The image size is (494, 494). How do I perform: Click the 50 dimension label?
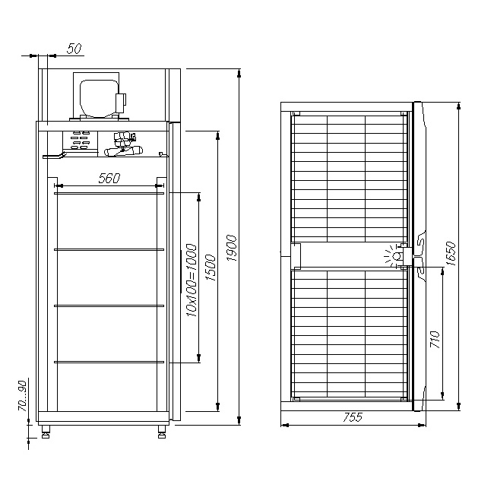(x=74, y=49)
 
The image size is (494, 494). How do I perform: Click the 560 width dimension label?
(x=109, y=179)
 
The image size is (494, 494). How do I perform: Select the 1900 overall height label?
(x=232, y=248)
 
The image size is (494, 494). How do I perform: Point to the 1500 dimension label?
(x=211, y=268)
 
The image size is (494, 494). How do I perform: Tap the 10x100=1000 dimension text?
(x=192, y=280)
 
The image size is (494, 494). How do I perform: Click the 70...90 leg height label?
(x=22, y=396)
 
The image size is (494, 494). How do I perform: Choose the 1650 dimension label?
(x=451, y=254)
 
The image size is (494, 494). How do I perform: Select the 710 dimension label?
(x=435, y=339)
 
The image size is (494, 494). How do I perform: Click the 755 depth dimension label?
(x=353, y=417)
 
